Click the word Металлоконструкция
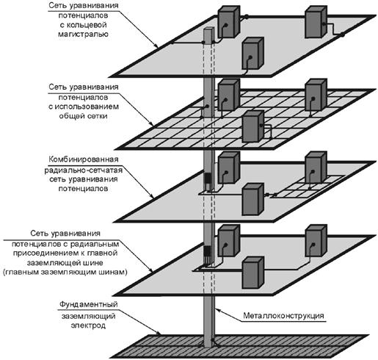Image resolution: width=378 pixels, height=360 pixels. [x=283, y=315]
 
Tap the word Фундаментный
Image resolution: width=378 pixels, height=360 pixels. [x=89, y=304]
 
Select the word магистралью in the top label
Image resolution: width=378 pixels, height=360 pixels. [x=83, y=34]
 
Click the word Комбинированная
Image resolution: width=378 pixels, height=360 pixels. [x=84, y=159]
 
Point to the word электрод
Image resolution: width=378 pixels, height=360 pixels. [x=88, y=325]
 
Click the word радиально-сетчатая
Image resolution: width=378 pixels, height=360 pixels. [x=83, y=170]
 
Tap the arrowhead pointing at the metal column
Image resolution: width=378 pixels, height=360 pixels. [x=218, y=309]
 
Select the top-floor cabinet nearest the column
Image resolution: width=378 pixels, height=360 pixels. [x=228, y=22]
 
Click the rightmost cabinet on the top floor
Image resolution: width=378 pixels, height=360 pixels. [x=316, y=22]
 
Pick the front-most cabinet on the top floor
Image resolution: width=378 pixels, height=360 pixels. [x=252, y=54]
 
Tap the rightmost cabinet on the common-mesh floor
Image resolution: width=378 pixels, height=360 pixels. [x=316, y=95]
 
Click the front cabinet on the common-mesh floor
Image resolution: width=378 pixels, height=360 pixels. [x=252, y=126]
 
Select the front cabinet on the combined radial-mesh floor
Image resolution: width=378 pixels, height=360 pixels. [x=252, y=199]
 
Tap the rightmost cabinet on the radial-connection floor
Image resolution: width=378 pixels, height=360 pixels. [x=316, y=241]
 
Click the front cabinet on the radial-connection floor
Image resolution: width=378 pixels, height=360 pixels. [x=252, y=273]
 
